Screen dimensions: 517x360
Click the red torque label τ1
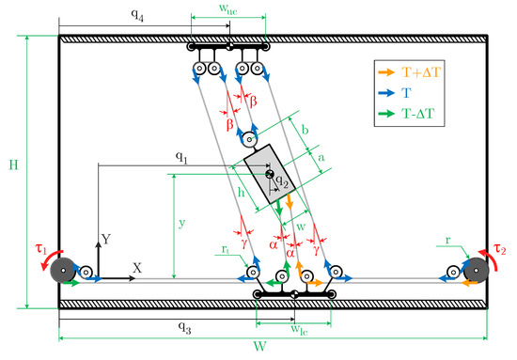pyautogui.click(x=40, y=249)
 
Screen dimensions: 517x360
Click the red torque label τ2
pyautogui.click(x=499, y=249)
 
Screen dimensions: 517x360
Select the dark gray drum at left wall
pyautogui.click(x=63, y=270)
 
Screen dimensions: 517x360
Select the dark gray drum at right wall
pyautogui.click(x=476, y=270)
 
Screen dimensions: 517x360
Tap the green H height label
pyautogui.click(x=13, y=164)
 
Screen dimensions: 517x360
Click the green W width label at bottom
pyautogui.click(x=259, y=347)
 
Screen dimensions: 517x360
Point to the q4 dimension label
pyautogui.click(x=137, y=15)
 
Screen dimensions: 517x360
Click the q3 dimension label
pyautogui.click(x=184, y=327)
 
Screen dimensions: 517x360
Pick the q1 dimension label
pyautogui.click(x=181, y=157)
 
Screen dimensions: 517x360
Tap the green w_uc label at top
pyautogui.click(x=228, y=8)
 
